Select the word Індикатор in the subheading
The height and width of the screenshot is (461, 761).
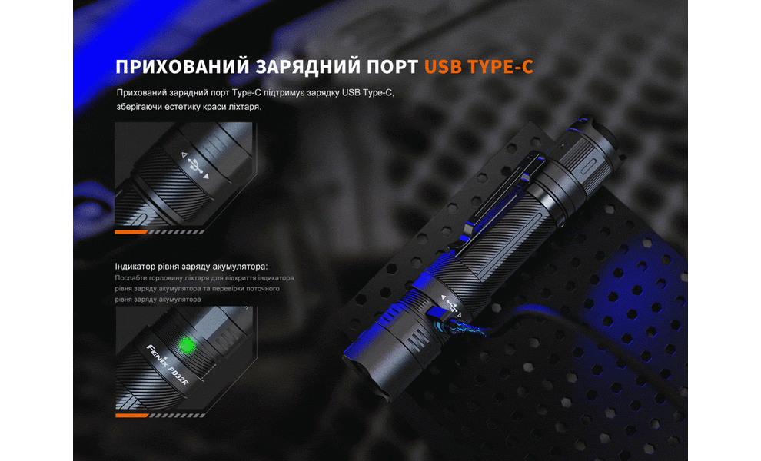[136, 266]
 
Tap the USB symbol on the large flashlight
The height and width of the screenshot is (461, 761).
[450, 303]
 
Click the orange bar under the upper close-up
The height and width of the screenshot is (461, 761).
[131, 230]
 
